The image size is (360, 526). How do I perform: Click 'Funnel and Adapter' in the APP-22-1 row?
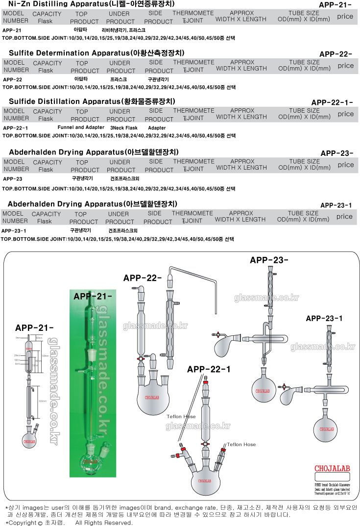[x=81, y=127]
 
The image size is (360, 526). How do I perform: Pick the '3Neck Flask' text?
[x=124, y=127]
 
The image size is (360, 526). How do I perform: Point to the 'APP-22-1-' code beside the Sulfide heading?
[x=332, y=102]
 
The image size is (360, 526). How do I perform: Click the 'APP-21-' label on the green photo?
[x=93, y=296]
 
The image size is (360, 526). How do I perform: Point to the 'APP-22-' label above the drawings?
[x=143, y=277]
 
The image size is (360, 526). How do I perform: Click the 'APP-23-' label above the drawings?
[x=269, y=260]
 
